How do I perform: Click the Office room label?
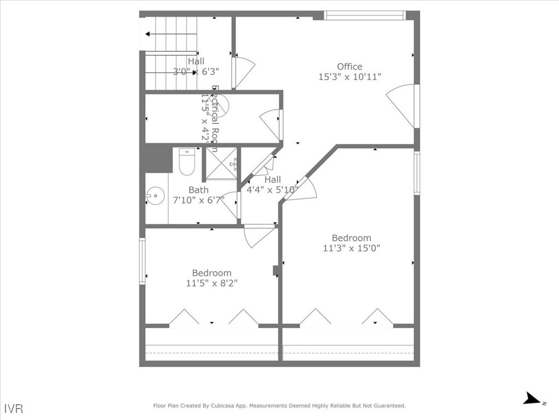pyautogui.click(x=349, y=67)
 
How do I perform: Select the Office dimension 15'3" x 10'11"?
pyautogui.click(x=349, y=77)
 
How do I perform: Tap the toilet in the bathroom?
pyautogui.click(x=187, y=161)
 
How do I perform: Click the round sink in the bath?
pyautogui.click(x=155, y=194)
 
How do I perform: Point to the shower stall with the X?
pyautogui.click(x=222, y=163)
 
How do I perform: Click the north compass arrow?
pyautogui.click(x=532, y=399)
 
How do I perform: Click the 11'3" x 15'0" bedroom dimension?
pyautogui.click(x=352, y=248)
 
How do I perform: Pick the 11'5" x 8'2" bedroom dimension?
pyautogui.click(x=212, y=283)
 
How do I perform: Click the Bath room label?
pyautogui.click(x=198, y=190)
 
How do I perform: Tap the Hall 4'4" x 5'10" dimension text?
pyautogui.click(x=273, y=190)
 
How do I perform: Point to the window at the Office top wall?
pyautogui.click(x=365, y=15)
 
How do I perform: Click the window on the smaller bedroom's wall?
pyautogui.click(x=142, y=261)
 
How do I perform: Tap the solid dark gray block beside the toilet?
pyautogui.click(x=159, y=158)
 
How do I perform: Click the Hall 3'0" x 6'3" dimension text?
pyautogui.click(x=196, y=71)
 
